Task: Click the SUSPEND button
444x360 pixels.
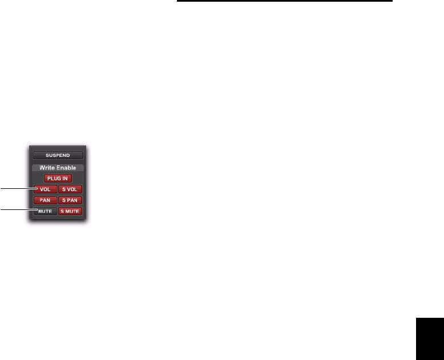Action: (x=58, y=155)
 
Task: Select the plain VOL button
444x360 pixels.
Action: (x=45, y=189)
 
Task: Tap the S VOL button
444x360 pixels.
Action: (x=70, y=189)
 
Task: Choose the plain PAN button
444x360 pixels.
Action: (x=45, y=200)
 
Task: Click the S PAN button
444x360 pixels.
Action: (x=70, y=200)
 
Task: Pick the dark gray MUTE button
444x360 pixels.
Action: (x=45, y=211)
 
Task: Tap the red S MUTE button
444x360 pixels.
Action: (x=70, y=211)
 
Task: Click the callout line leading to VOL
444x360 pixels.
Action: (x=17, y=188)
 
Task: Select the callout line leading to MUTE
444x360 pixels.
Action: (x=17, y=210)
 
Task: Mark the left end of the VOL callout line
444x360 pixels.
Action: (x=1, y=188)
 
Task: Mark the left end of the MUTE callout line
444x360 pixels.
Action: (x=1, y=210)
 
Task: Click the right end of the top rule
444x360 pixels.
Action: (x=392, y=1)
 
